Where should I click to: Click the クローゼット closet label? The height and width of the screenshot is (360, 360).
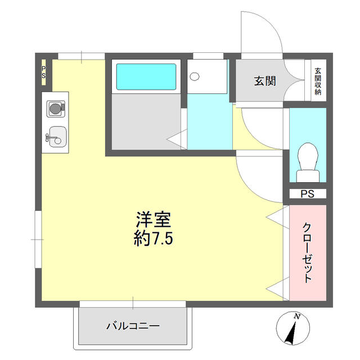pos(308,253)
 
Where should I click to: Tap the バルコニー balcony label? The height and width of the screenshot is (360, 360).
pos(133,326)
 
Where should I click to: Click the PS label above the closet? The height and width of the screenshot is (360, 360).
pos(307,194)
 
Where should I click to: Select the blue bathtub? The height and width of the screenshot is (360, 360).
pos(146,77)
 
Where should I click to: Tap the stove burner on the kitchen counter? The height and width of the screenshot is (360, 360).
pos(55,107)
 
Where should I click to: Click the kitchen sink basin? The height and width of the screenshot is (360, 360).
pos(56,136)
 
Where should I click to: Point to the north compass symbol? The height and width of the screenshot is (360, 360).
pos(293,329)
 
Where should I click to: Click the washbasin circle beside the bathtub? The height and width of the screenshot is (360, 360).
pos(195,76)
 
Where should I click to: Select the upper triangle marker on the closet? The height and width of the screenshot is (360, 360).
pos(275,215)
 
